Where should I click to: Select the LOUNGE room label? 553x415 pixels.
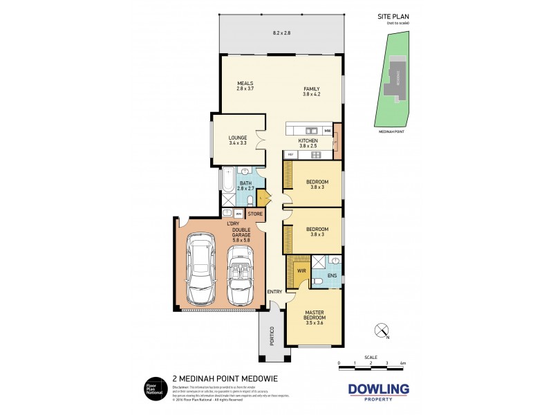click(238, 138)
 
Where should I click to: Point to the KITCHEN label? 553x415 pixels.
click(308, 140)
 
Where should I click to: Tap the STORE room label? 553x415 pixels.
click(255, 214)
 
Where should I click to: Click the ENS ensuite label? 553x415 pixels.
click(332, 275)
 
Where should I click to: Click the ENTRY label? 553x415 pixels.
click(274, 291)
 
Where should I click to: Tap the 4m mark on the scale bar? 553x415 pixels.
click(403, 362)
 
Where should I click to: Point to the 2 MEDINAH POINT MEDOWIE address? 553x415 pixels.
click(218, 379)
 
